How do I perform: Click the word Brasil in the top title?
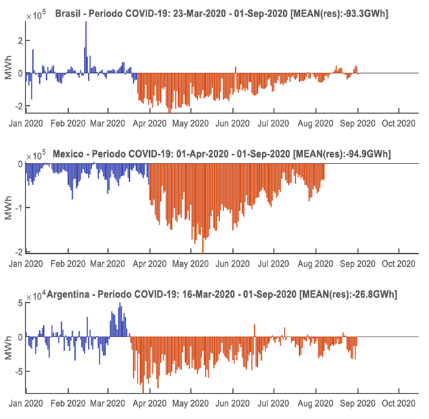(x=69, y=13)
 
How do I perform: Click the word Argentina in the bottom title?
(x=78, y=294)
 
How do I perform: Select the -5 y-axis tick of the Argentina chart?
(x=19, y=371)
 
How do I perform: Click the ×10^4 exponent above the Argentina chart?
(x=34, y=295)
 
